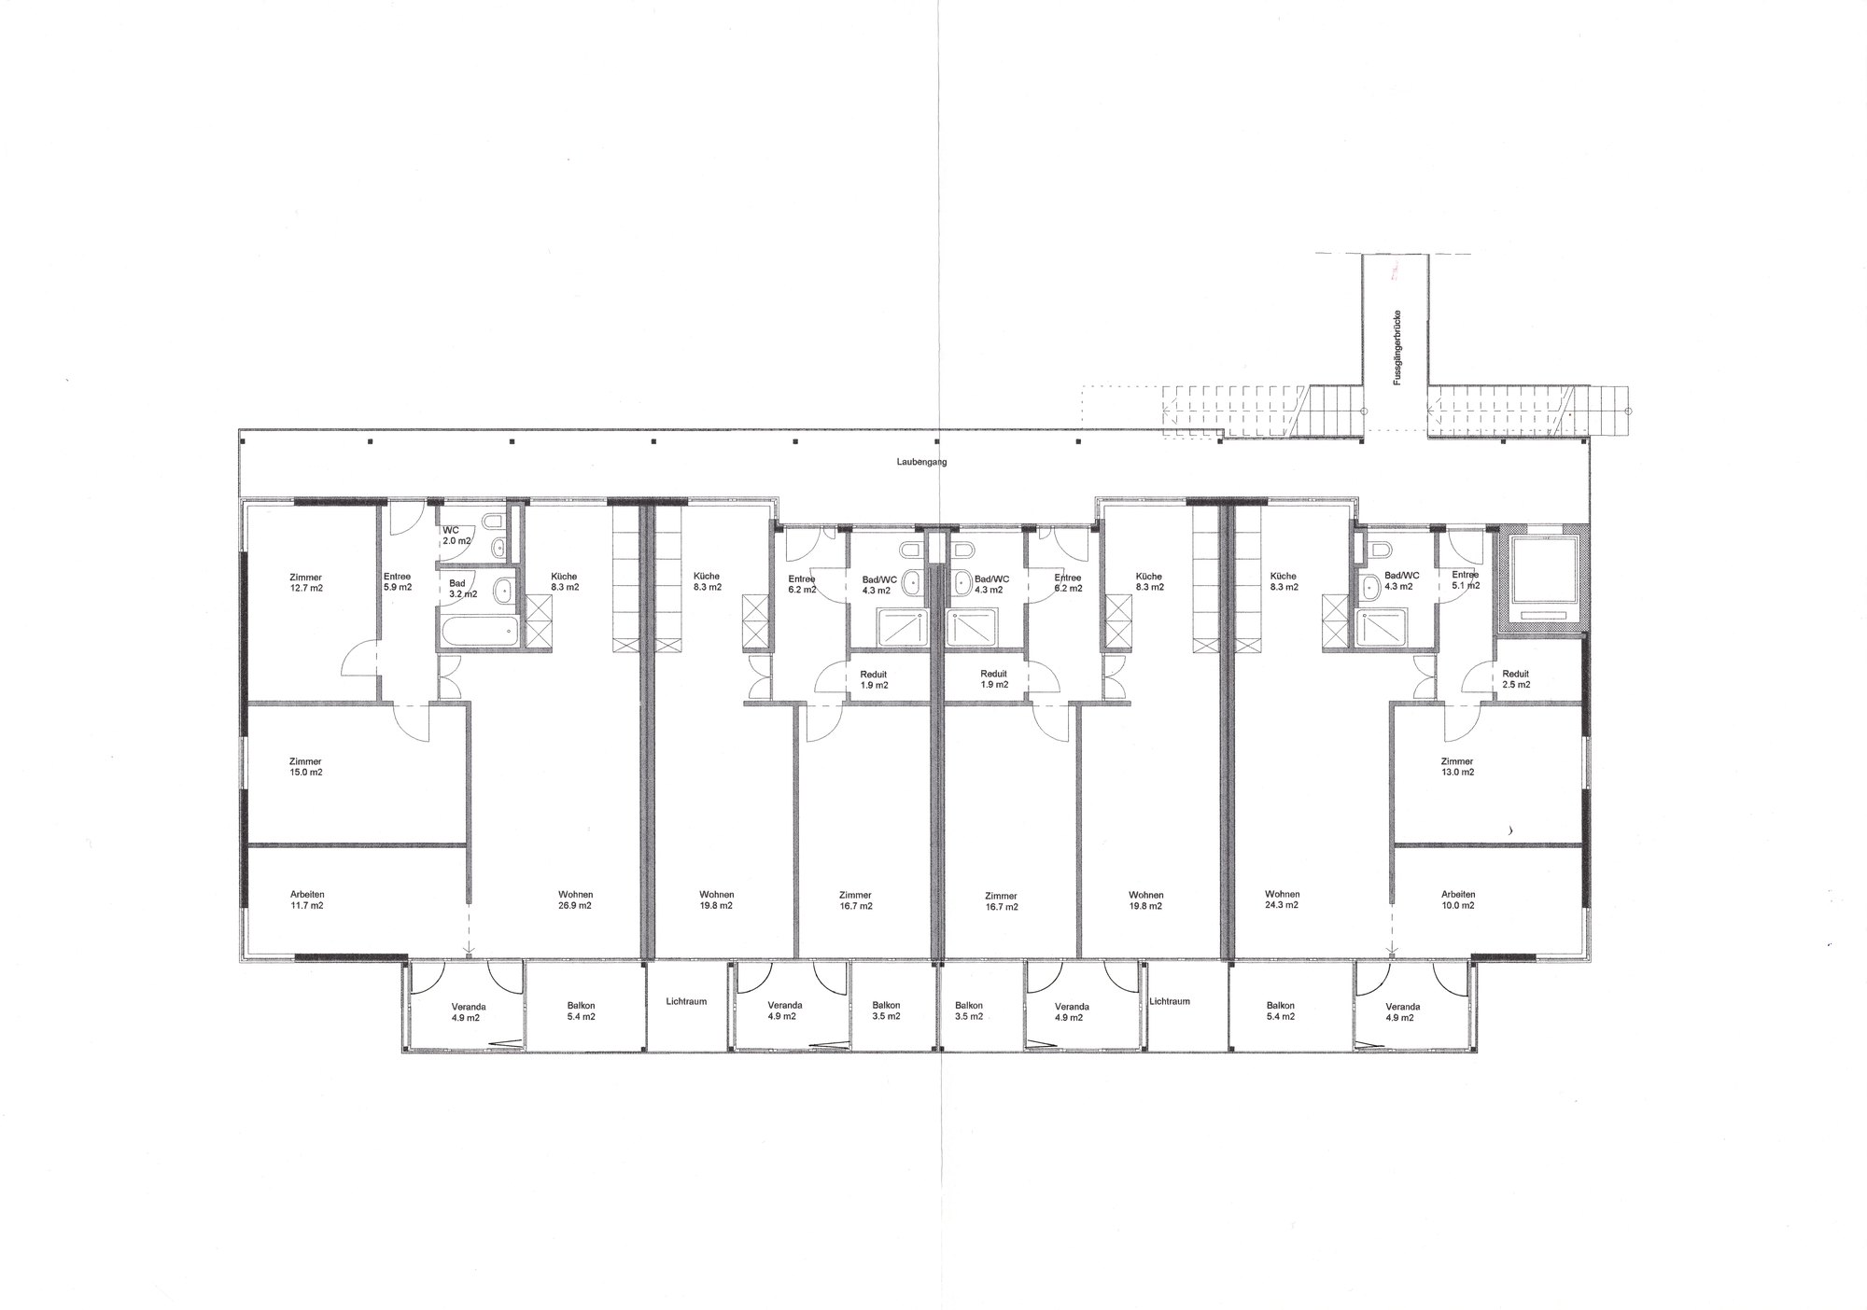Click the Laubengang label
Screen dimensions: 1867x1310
[921, 462]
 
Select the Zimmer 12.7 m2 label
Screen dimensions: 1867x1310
[306, 582]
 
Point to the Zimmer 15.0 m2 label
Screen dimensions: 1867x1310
[306, 767]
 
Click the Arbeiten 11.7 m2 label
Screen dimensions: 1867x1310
[307, 899]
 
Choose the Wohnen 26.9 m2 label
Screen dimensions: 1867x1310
[576, 899]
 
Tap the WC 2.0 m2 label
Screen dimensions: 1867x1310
[456, 535]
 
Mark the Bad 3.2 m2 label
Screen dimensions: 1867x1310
[462, 588]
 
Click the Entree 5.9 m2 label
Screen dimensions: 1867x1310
[397, 582]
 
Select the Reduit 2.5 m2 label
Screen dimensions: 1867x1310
[1516, 679]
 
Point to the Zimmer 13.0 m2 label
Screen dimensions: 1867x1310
[1457, 767]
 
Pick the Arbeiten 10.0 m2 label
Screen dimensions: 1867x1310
[1458, 899]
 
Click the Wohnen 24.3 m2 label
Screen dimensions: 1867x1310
[1283, 899]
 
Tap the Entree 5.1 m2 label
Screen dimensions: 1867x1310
[1465, 580]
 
